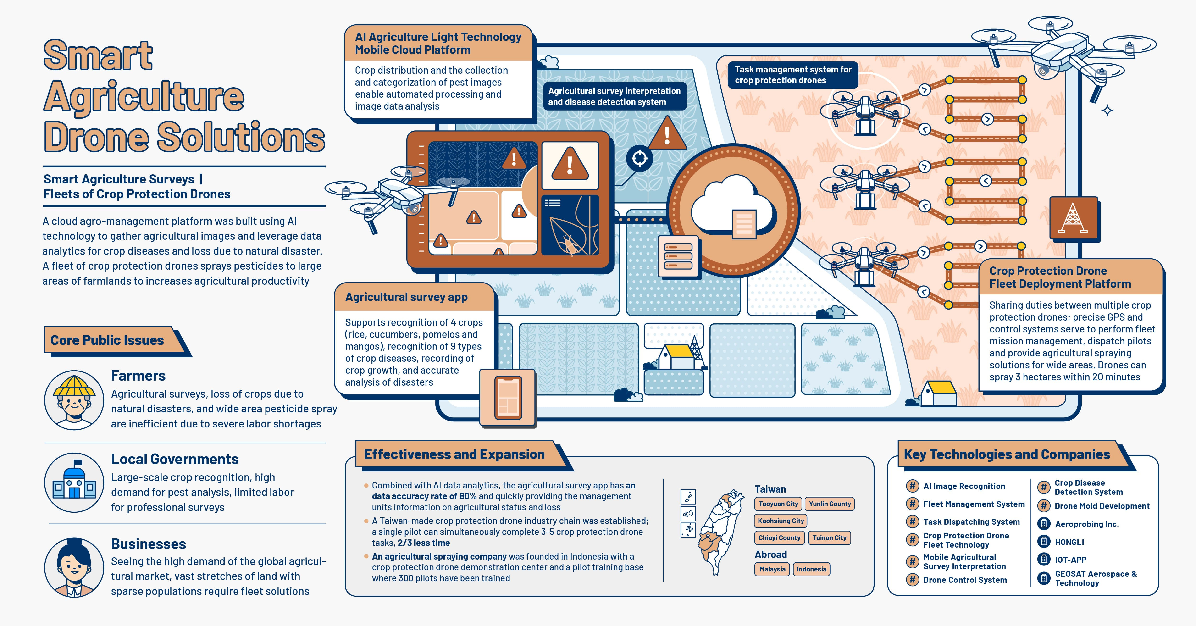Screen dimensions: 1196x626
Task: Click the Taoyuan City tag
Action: click(x=778, y=504)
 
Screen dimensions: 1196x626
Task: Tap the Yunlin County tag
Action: click(x=830, y=504)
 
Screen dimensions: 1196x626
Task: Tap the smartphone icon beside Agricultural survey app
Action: click(x=508, y=398)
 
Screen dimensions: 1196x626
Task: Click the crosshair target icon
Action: click(x=639, y=158)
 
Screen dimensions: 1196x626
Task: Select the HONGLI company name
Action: click(x=1069, y=542)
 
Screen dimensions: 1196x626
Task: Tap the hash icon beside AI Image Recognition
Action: click(x=912, y=486)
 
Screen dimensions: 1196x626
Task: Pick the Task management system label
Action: click(x=793, y=75)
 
